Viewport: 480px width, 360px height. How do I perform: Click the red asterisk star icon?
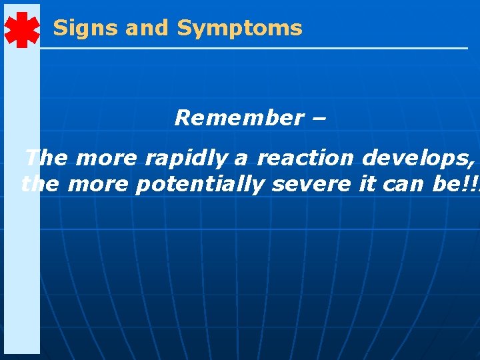(21, 29)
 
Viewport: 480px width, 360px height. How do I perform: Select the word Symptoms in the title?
(239, 28)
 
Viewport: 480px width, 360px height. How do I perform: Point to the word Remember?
(239, 118)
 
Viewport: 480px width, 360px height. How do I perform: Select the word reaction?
(306, 159)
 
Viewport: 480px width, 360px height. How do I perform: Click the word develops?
(418, 159)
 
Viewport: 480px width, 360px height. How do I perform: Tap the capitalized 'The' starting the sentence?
(47, 159)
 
